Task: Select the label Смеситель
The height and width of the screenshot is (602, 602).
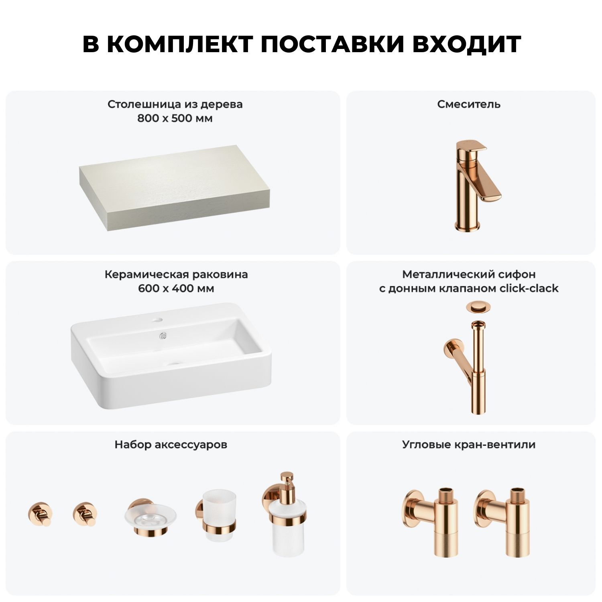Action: tap(469, 104)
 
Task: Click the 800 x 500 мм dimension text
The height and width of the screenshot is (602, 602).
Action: tap(175, 118)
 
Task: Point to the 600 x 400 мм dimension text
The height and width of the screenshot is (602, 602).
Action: tap(176, 289)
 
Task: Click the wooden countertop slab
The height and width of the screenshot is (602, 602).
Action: tap(174, 188)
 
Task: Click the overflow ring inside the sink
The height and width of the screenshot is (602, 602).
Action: tap(163, 335)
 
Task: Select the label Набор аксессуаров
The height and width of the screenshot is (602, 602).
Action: tap(171, 445)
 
